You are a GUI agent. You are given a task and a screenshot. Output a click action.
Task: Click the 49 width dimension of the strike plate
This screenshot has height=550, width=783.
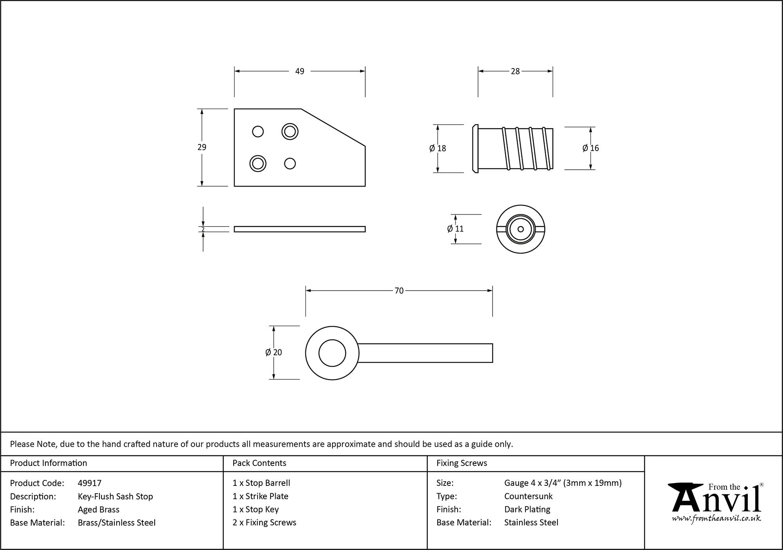click(299, 71)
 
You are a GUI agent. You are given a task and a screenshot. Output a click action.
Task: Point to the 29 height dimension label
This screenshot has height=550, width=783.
click(202, 147)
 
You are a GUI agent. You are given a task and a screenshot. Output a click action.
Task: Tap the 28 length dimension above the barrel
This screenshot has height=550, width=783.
click(515, 71)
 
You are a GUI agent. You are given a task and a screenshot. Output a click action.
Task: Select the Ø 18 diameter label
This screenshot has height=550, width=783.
click(438, 148)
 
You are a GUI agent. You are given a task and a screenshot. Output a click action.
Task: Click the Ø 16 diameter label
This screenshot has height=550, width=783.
click(590, 148)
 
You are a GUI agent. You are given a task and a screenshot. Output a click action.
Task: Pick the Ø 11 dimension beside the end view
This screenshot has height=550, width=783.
click(455, 229)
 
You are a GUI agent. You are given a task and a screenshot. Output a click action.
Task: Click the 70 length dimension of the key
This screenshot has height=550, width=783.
click(399, 291)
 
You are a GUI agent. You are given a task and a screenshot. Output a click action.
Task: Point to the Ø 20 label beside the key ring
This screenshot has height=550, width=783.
click(273, 352)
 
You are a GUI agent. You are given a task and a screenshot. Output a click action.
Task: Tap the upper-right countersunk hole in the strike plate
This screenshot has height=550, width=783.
click(290, 131)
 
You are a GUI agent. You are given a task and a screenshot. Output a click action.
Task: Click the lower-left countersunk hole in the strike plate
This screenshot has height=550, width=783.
click(258, 164)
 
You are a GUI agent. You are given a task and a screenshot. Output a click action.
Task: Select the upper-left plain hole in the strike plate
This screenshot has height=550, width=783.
click(258, 131)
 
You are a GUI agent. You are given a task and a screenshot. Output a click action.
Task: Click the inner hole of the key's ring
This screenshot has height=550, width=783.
click(332, 353)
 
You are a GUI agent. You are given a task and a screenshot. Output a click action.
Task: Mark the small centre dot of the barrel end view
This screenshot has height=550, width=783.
click(520, 229)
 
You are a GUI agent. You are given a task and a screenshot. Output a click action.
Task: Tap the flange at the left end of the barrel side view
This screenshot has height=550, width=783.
click(475, 149)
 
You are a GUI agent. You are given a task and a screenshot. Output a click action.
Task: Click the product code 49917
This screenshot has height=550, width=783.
click(90, 483)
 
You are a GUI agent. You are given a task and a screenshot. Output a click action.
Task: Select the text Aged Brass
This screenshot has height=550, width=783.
click(99, 509)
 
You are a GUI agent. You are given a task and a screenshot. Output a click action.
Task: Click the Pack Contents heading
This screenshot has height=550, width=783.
click(259, 463)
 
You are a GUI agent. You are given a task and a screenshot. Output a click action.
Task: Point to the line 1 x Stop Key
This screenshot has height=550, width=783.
click(256, 509)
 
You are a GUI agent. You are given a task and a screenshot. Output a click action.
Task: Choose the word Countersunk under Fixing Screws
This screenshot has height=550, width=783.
click(528, 496)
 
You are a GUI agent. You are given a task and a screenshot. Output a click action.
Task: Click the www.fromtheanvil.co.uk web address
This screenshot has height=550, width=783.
click(716, 518)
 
